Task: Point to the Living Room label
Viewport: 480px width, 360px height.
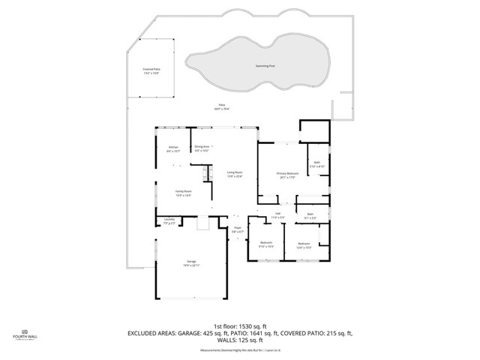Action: tap(235, 174)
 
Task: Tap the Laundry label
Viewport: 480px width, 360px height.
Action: tap(169, 221)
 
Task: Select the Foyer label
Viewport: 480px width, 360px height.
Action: tap(238, 229)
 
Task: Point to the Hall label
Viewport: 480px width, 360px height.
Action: tap(277, 215)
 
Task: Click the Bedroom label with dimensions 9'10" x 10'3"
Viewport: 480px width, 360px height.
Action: tap(266, 244)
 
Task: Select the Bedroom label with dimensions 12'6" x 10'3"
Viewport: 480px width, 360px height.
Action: tap(304, 244)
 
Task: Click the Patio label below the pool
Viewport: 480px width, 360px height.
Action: tap(221, 106)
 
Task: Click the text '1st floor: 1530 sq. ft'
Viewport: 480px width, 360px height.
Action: tap(240, 326)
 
